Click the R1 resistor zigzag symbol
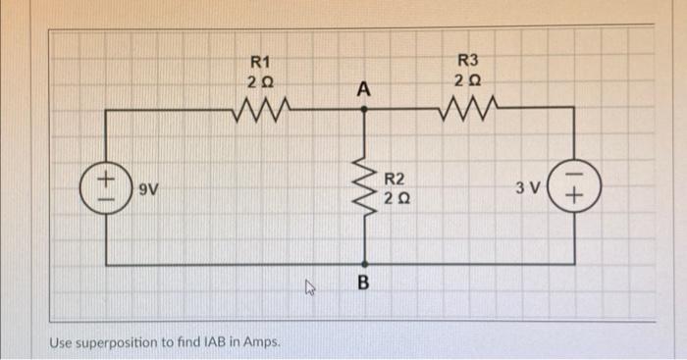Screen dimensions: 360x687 pyautogui.click(x=260, y=105)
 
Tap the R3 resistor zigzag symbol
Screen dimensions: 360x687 pyautogui.click(x=474, y=105)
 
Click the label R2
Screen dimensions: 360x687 pyautogui.click(x=396, y=179)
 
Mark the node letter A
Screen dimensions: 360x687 pyautogui.click(x=364, y=89)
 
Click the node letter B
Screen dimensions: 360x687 pyautogui.click(x=364, y=284)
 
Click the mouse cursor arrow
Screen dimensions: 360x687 pyautogui.click(x=310, y=287)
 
